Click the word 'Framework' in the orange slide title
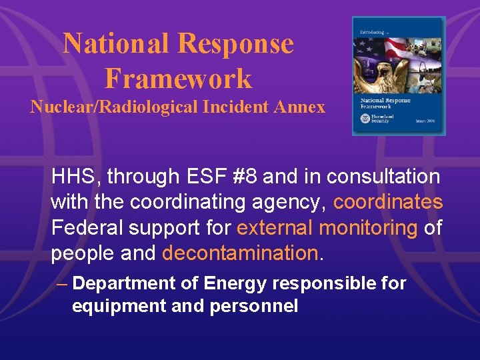tap(179, 79)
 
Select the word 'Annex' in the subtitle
tap(304, 107)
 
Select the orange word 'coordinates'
tap(388, 202)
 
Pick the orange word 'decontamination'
tap(241, 253)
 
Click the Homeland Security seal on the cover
tap(364, 118)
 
